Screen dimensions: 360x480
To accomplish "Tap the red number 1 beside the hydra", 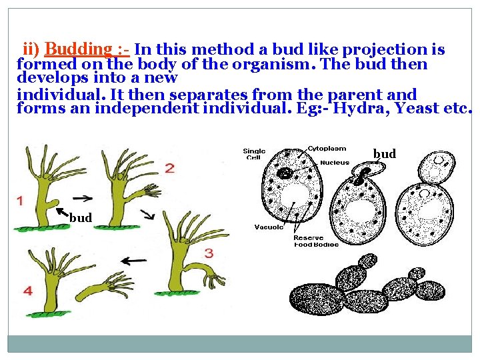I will pos(20,200).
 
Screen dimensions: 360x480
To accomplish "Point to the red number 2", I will pos(170,168).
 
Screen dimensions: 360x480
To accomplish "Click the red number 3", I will pos(209,253).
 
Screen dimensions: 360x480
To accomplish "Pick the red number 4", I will pos(27,291).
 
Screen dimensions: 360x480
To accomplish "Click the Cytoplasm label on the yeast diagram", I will pos(326,149).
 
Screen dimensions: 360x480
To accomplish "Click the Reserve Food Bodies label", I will pos(316,241).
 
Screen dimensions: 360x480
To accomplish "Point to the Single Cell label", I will pos(255,155).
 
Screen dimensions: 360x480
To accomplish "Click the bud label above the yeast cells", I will pos(385,154).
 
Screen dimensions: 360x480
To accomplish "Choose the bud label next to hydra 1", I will pos(81,217).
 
